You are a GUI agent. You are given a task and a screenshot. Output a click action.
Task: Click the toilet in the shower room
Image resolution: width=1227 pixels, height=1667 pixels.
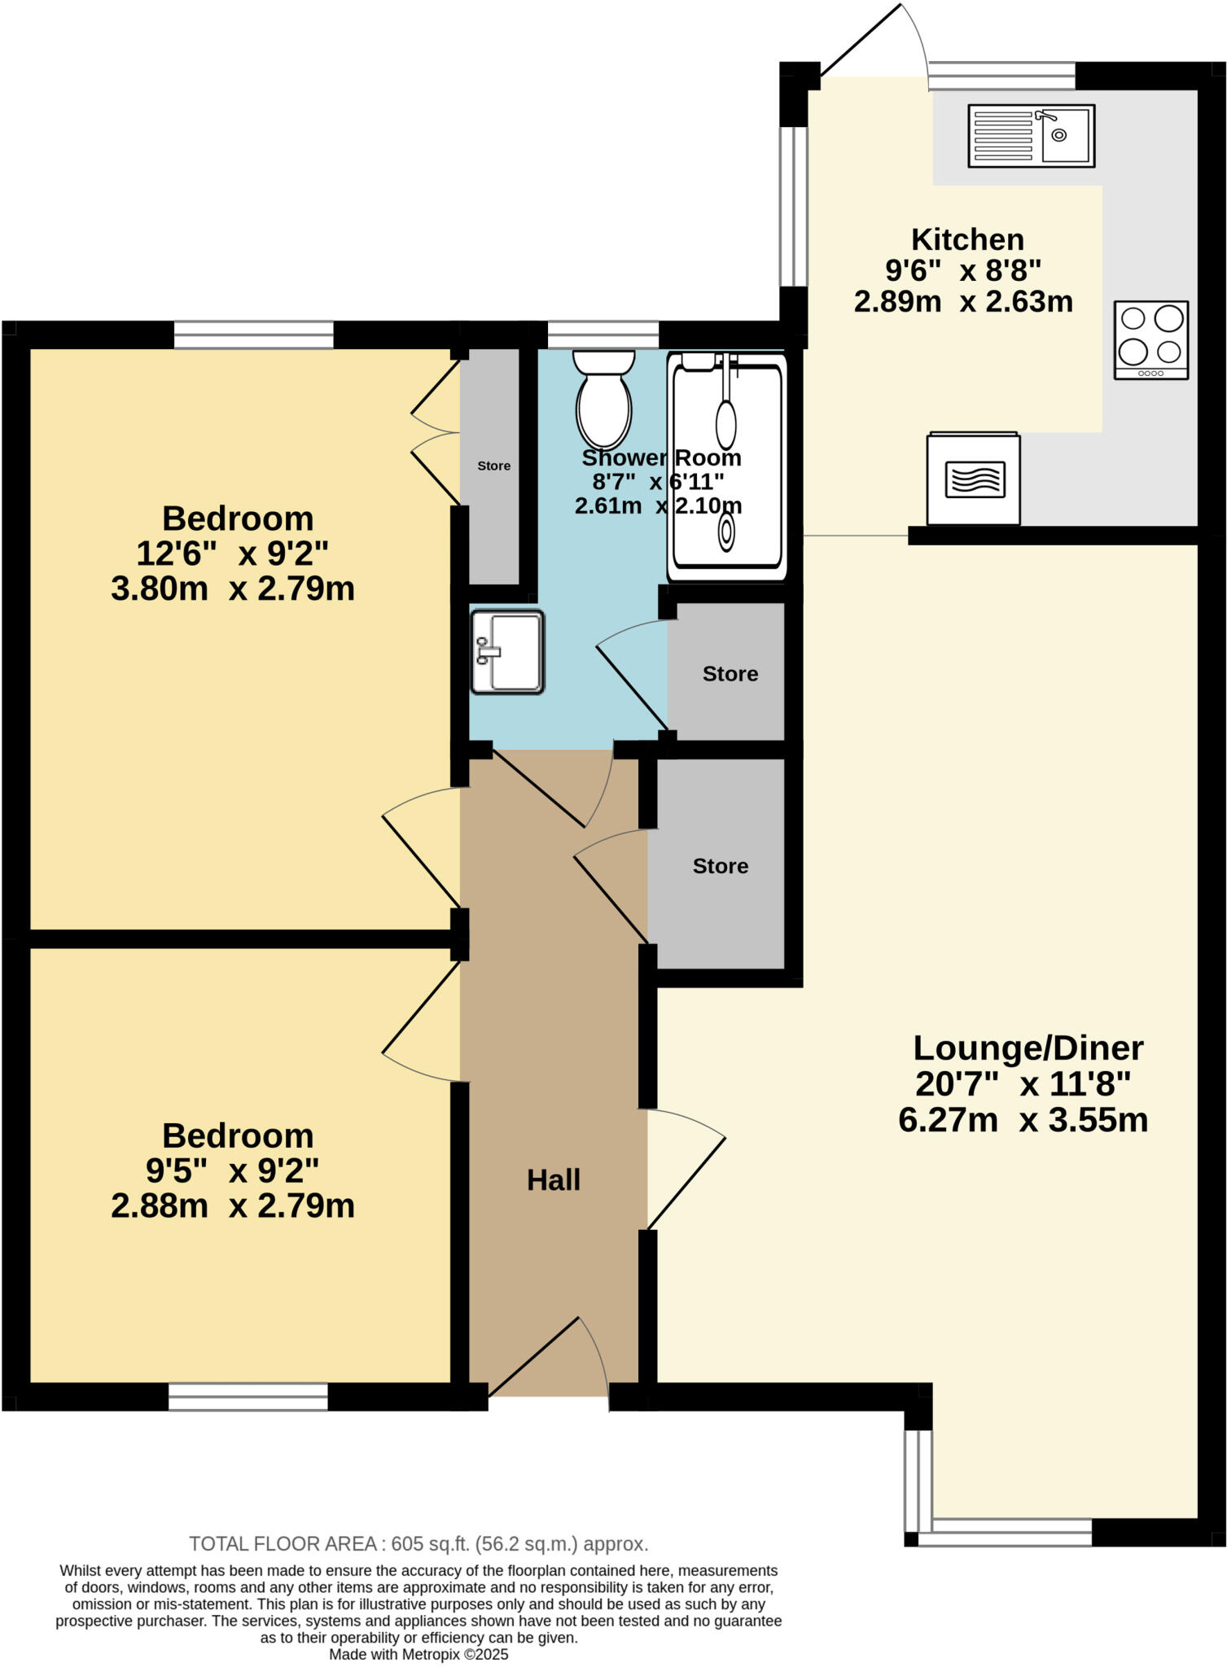pyautogui.click(x=603, y=399)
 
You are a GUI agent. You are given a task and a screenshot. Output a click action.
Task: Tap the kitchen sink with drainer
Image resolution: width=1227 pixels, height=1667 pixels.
pyautogui.click(x=1031, y=136)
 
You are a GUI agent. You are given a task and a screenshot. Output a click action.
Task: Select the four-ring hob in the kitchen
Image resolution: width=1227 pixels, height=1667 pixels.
pyautogui.click(x=1150, y=339)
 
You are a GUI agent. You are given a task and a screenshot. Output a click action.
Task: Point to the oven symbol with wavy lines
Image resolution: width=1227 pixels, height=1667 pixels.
pyautogui.click(x=974, y=479)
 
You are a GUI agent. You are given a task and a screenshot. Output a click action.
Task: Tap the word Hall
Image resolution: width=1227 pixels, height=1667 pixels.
pyautogui.click(x=553, y=1180)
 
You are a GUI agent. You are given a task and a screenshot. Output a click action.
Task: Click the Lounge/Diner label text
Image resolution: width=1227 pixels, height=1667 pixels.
pyautogui.click(x=1028, y=1048)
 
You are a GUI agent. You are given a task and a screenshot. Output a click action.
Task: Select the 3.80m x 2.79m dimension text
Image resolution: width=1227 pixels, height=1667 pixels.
pyautogui.click(x=233, y=588)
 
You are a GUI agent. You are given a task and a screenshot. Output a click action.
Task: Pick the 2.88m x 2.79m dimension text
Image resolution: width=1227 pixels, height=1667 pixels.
pyautogui.click(x=233, y=1205)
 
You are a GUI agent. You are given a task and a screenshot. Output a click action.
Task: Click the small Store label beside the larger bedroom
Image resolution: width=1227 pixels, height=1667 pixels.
pyautogui.click(x=493, y=466)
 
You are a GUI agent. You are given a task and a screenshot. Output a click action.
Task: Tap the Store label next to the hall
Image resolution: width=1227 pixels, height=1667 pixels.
pyautogui.click(x=720, y=866)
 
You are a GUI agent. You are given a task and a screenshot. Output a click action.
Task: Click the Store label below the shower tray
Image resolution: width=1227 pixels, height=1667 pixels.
pyautogui.click(x=730, y=674)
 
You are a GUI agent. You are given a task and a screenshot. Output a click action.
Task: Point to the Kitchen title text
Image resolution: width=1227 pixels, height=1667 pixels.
pyautogui.click(x=967, y=239)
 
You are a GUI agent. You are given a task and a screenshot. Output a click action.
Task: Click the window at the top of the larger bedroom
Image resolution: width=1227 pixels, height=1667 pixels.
pyautogui.click(x=253, y=335)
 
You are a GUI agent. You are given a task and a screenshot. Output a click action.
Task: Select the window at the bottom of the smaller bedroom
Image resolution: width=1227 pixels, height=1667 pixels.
pyautogui.click(x=248, y=1397)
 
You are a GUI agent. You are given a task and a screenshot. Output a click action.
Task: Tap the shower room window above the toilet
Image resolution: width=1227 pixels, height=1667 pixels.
pyautogui.click(x=603, y=335)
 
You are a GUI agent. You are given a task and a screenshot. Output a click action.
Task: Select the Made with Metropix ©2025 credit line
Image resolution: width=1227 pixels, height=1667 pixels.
pyautogui.click(x=418, y=1655)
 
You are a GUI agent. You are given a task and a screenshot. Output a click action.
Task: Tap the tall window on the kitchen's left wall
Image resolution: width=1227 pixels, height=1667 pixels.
pyautogui.click(x=793, y=207)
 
